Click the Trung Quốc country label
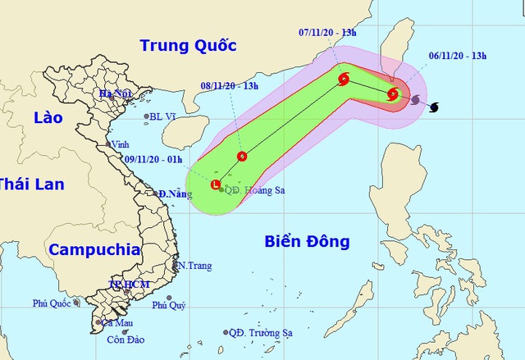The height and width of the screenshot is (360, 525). (x=187, y=45)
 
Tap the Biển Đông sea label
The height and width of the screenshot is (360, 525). (x=308, y=241)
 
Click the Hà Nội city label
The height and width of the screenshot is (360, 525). (x=116, y=95)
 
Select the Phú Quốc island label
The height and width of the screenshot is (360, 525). (x=52, y=303)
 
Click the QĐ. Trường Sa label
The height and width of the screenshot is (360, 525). (x=260, y=332)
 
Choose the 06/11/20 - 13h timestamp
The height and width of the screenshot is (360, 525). (x=457, y=56)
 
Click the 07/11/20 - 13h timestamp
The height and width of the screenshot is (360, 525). (x=327, y=32)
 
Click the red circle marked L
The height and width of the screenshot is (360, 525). (x=216, y=185)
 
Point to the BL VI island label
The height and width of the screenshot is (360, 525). (x=164, y=117)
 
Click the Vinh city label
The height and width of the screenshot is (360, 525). (x=120, y=144)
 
